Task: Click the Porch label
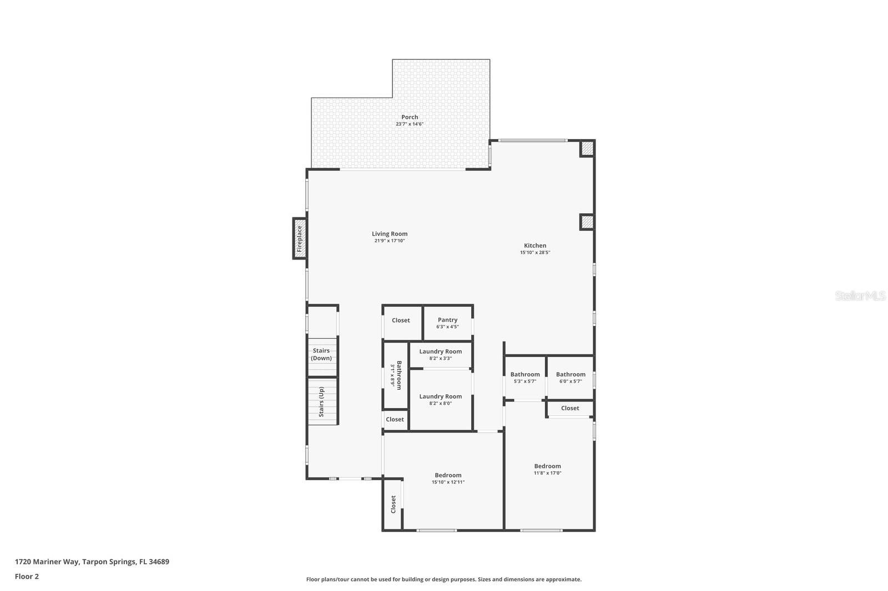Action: (x=410, y=117)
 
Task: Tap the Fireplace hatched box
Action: (x=300, y=238)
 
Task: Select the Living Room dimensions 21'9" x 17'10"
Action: (x=390, y=241)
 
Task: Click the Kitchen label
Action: (x=535, y=246)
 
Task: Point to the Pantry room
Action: (x=447, y=323)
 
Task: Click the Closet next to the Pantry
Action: (x=401, y=320)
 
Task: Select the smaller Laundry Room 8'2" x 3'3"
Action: (x=440, y=354)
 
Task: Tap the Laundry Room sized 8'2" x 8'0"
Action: (x=440, y=399)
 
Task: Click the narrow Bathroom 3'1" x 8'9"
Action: (x=395, y=375)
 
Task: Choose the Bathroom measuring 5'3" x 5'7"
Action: (x=524, y=377)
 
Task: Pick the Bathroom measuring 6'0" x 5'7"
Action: (x=571, y=377)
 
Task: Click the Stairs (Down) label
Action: (x=321, y=354)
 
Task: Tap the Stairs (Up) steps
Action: (x=322, y=402)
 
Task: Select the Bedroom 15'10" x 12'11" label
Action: (x=448, y=478)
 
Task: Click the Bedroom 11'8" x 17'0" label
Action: (x=547, y=469)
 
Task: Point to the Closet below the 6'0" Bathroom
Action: (x=570, y=408)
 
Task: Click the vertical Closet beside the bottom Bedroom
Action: (x=393, y=504)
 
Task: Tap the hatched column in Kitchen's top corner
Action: (x=587, y=149)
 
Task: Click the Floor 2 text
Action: (x=27, y=577)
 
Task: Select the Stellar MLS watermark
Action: (x=860, y=296)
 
